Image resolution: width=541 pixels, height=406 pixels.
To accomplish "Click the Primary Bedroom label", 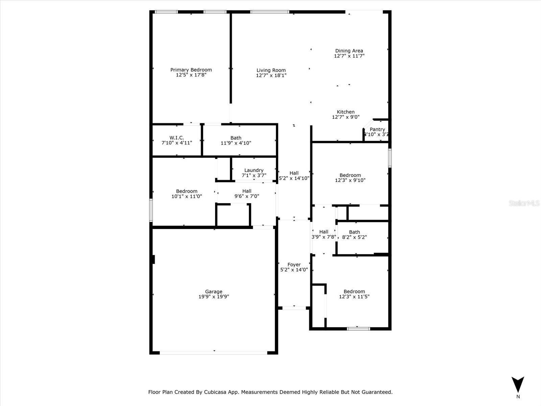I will click(191, 70).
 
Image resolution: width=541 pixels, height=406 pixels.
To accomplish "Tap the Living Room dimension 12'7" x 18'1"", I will click(271, 75).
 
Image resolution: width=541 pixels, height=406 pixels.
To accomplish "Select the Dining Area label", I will click(349, 51).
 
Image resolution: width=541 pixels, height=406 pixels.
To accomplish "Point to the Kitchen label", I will click(346, 112).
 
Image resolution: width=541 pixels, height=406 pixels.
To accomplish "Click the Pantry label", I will click(377, 129).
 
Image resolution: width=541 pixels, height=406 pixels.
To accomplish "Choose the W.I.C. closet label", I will click(177, 138).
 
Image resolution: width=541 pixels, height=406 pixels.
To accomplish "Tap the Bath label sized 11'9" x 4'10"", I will click(236, 138).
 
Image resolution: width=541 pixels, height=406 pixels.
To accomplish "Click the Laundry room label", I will click(254, 170).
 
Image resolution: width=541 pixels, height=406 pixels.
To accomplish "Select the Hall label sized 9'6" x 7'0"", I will click(247, 191).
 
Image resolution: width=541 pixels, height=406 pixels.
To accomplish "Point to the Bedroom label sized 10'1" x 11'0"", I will click(186, 191).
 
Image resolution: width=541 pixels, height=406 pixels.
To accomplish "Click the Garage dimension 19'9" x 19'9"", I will click(214, 297).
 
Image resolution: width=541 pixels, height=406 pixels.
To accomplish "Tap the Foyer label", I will click(294, 265).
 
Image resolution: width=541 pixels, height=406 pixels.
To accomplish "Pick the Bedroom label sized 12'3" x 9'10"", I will click(350, 175).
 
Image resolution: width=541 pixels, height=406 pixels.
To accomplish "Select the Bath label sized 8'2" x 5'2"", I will click(354, 232).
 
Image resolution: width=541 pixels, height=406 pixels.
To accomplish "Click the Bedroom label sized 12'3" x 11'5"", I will click(354, 291).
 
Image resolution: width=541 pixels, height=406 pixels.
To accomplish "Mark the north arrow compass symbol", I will click(518, 385).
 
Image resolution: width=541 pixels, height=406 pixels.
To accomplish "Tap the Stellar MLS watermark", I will click(524, 203).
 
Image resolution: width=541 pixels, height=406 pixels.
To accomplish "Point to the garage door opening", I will click(214, 353).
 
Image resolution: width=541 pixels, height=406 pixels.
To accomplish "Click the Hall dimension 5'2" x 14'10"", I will click(294, 178).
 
